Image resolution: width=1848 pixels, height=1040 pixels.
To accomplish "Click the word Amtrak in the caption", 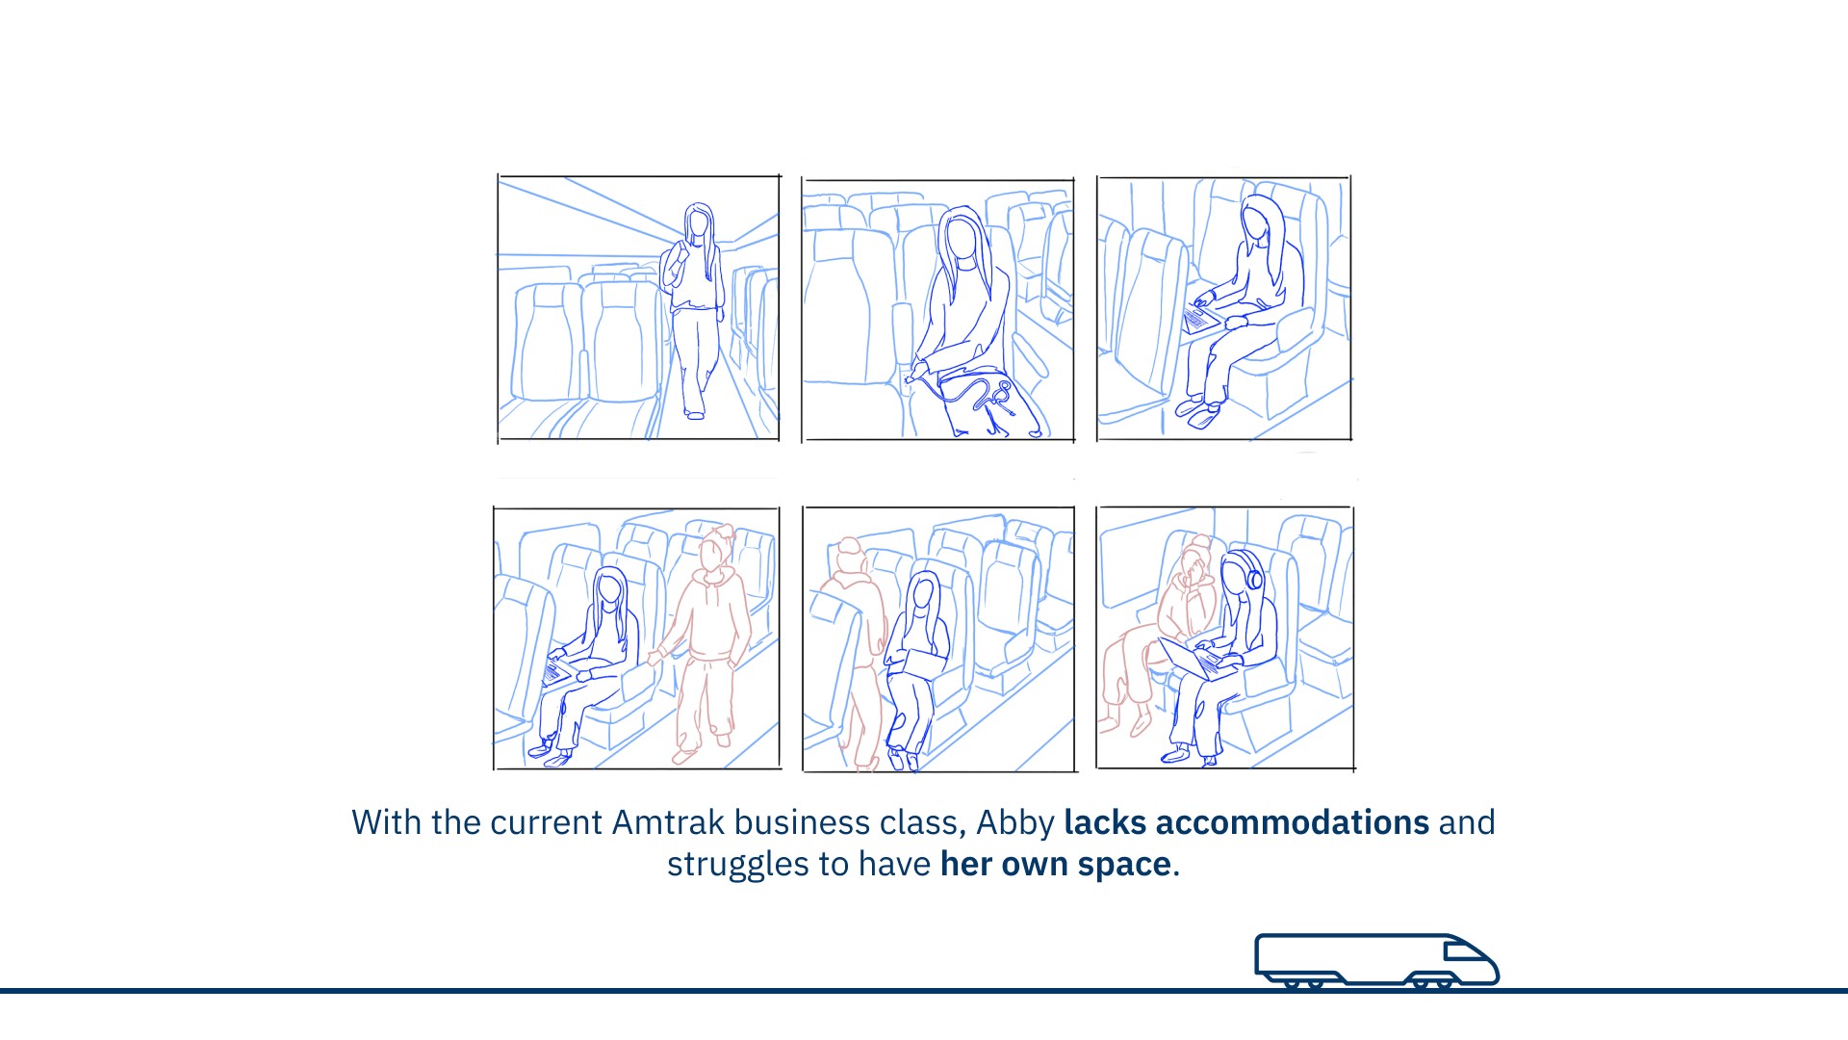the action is click(x=668, y=822).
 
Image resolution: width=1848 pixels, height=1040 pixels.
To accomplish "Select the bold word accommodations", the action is click(x=1293, y=822).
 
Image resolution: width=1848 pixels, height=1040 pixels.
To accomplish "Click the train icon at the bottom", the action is click(x=1376, y=960).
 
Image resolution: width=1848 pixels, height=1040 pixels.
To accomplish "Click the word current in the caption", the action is click(x=548, y=822).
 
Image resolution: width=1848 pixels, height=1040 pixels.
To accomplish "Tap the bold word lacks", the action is click(x=1105, y=822).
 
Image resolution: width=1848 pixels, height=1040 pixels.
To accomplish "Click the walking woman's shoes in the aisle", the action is click(x=693, y=413).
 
